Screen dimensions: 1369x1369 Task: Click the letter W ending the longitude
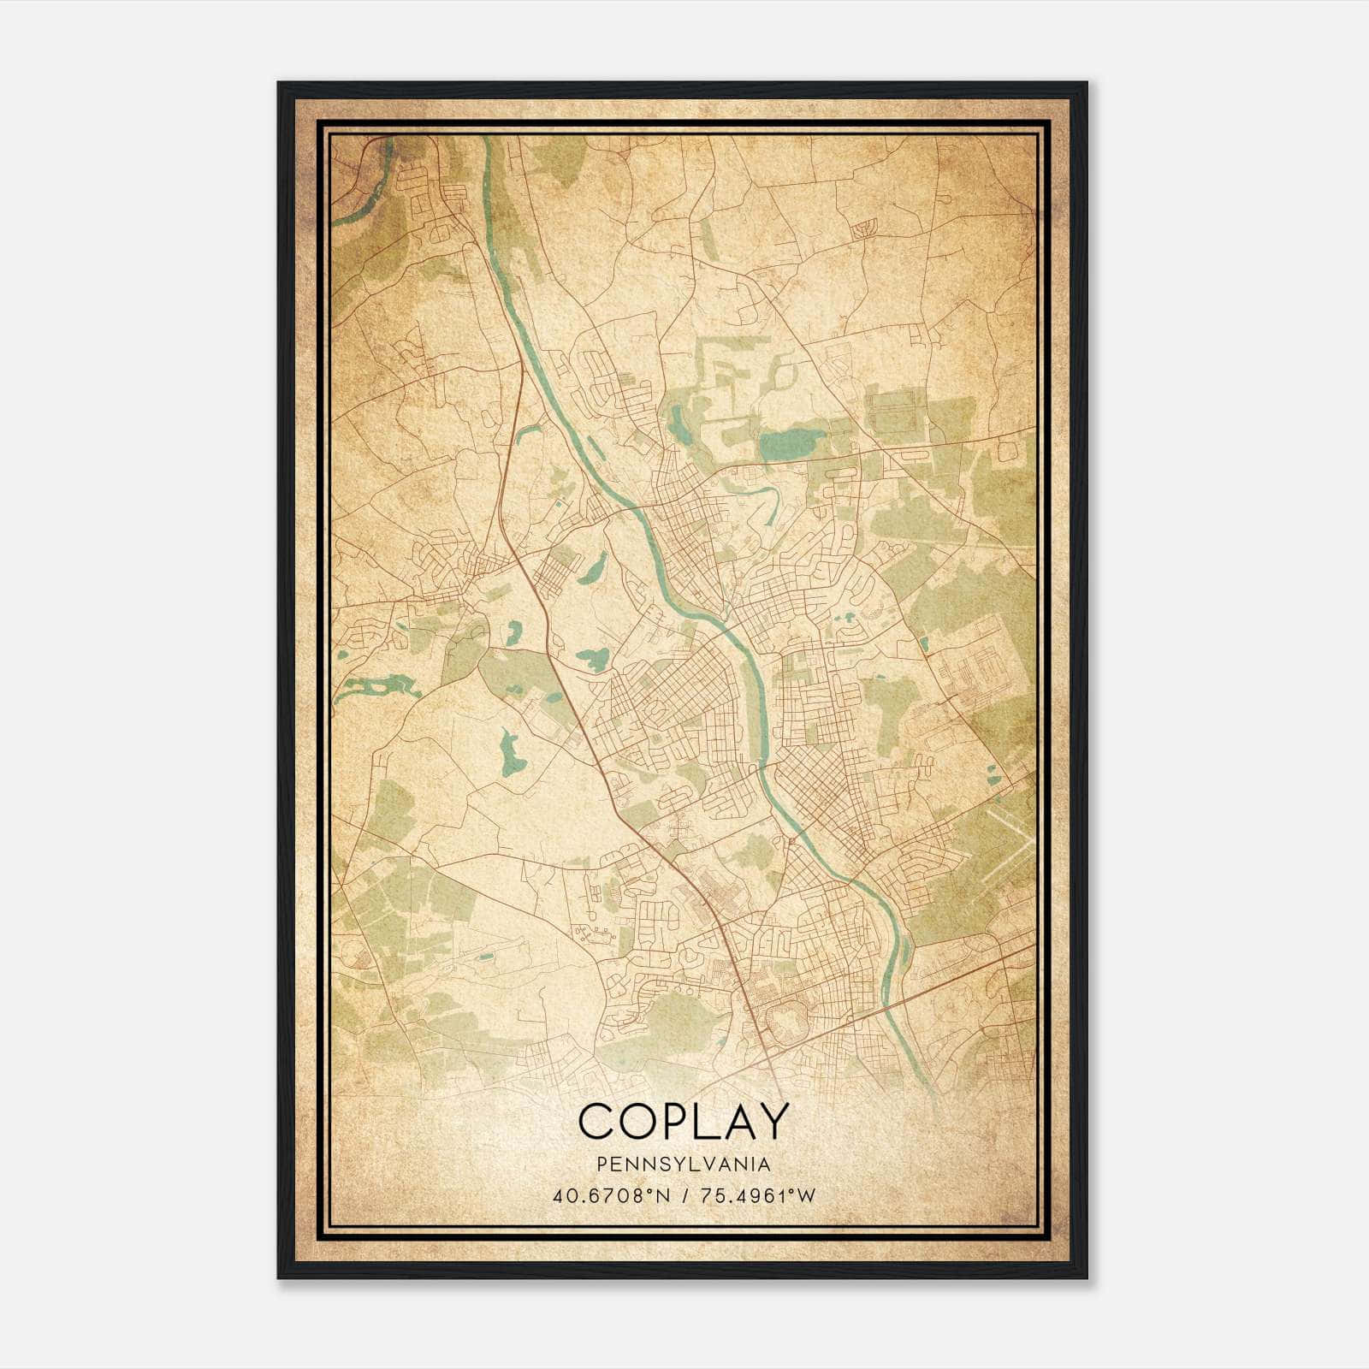click(x=809, y=1195)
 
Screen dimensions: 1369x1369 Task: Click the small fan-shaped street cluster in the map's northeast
click(x=865, y=227)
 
